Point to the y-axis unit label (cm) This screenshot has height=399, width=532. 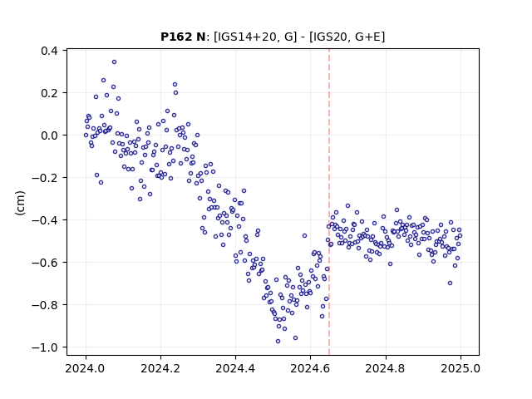(x=20, y=203)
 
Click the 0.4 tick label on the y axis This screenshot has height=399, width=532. (x=49, y=51)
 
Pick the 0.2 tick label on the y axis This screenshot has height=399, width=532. (x=49, y=93)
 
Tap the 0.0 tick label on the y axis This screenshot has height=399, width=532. (x=49, y=135)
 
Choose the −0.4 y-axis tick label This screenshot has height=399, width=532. (x=44, y=220)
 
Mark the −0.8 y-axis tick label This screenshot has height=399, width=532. (x=44, y=305)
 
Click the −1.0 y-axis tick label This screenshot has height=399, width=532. (x=44, y=347)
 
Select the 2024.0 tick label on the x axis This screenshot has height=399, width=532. (x=86, y=368)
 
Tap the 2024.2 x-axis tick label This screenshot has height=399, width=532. (x=160, y=368)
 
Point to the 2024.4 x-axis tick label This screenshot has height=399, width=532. (x=235, y=368)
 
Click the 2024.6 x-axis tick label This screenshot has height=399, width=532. (x=310, y=368)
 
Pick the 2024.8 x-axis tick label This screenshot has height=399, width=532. (x=386, y=368)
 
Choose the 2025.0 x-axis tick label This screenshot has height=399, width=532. (x=461, y=368)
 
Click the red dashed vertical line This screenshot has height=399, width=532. (x=329, y=202)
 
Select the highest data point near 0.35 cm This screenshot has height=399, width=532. (x=115, y=62)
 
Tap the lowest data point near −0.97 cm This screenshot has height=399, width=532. (x=278, y=342)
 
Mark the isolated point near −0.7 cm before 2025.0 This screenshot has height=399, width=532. (x=450, y=283)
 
